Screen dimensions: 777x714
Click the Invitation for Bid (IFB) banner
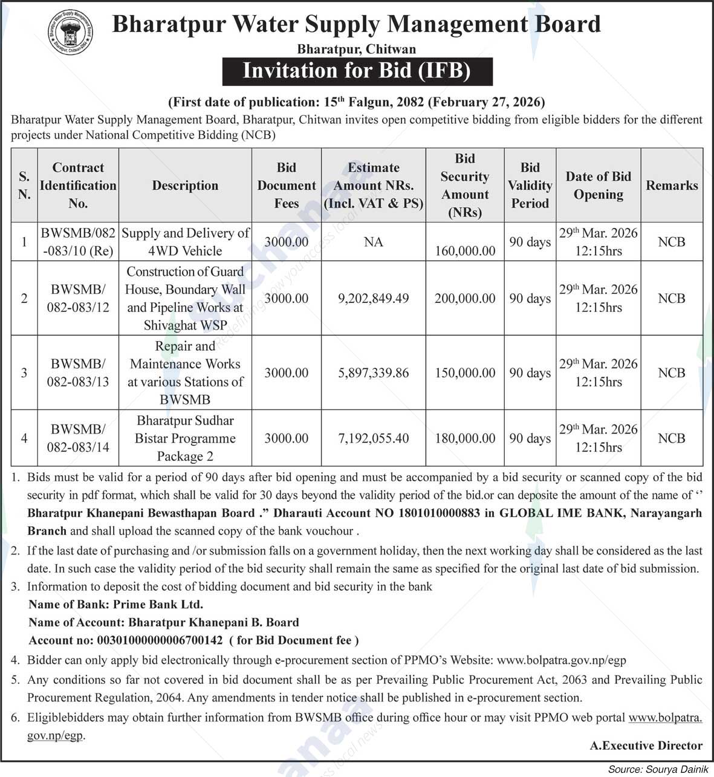357,71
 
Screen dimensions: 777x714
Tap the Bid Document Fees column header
287,185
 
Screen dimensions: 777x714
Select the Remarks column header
672,185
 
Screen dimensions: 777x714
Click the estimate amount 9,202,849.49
374,298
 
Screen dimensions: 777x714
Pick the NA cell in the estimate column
374,242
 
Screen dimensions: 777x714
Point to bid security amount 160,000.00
465,250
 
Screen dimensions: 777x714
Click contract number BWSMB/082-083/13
78,372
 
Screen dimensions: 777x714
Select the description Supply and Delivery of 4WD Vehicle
185,242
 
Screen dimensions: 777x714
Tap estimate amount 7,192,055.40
374,438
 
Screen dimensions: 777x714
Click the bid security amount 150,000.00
465,373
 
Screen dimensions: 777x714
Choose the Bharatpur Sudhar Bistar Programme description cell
185,438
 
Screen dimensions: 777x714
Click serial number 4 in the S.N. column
24,438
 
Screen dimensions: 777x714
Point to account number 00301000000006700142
159,640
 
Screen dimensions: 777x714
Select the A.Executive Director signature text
646,745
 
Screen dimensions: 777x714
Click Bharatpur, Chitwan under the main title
357,49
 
